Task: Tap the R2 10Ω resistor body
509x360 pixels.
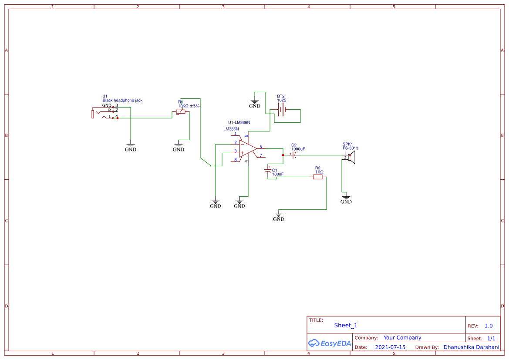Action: click(x=318, y=177)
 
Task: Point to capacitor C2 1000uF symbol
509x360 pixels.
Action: click(x=294, y=154)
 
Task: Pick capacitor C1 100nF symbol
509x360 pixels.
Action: click(x=268, y=172)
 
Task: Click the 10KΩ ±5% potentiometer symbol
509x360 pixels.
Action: click(x=180, y=112)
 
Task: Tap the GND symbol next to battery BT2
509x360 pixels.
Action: click(x=255, y=103)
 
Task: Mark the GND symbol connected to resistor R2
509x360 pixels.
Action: click(x=279, y=216)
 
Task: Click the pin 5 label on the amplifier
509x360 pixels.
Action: click(x=260, y=147)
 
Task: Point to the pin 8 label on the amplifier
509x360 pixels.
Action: click(x=236, y=160)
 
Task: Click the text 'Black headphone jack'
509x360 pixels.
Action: click(x=122, y=101)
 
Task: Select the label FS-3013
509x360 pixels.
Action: click(x=350, y=148)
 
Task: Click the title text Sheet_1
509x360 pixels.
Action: click(x=346, y=325)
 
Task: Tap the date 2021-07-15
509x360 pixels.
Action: click(x=390, y=347)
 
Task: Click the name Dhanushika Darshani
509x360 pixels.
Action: click(x=471, y=347)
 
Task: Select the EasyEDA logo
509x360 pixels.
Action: click(x=329, y=343)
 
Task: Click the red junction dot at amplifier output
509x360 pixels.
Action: click(x=283, y=154)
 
